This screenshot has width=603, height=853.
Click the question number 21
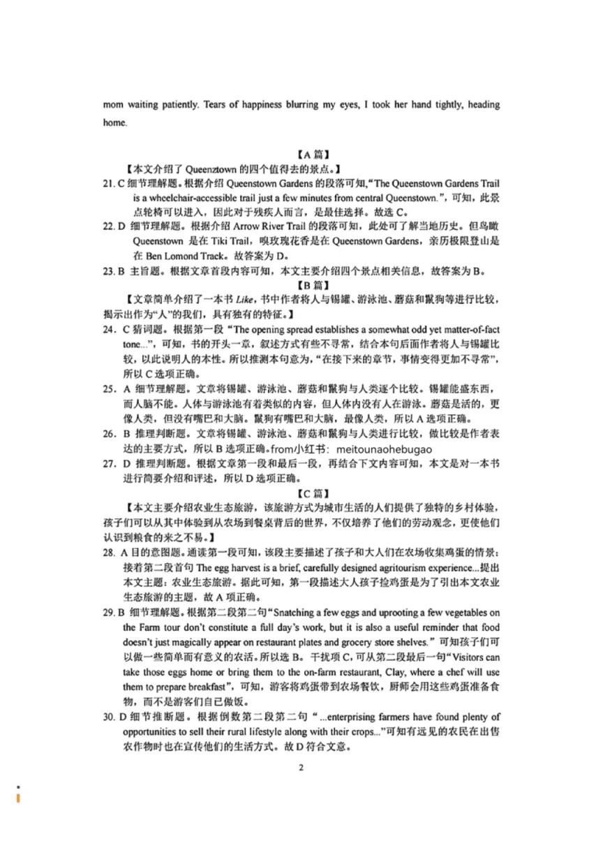pyautogui.click(x=109, y=184)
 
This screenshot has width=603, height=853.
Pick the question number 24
pyautogui.click(x=110, y=328)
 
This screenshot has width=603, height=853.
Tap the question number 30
pyautogui.click(x=109, y=717)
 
